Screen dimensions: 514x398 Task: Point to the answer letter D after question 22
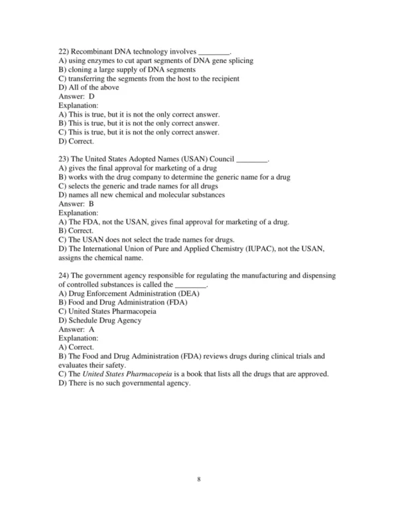click(x=92, y=97)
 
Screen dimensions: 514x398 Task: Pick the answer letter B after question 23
click(x=92, y=204)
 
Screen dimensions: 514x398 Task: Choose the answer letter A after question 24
click(x=92, y=329)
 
